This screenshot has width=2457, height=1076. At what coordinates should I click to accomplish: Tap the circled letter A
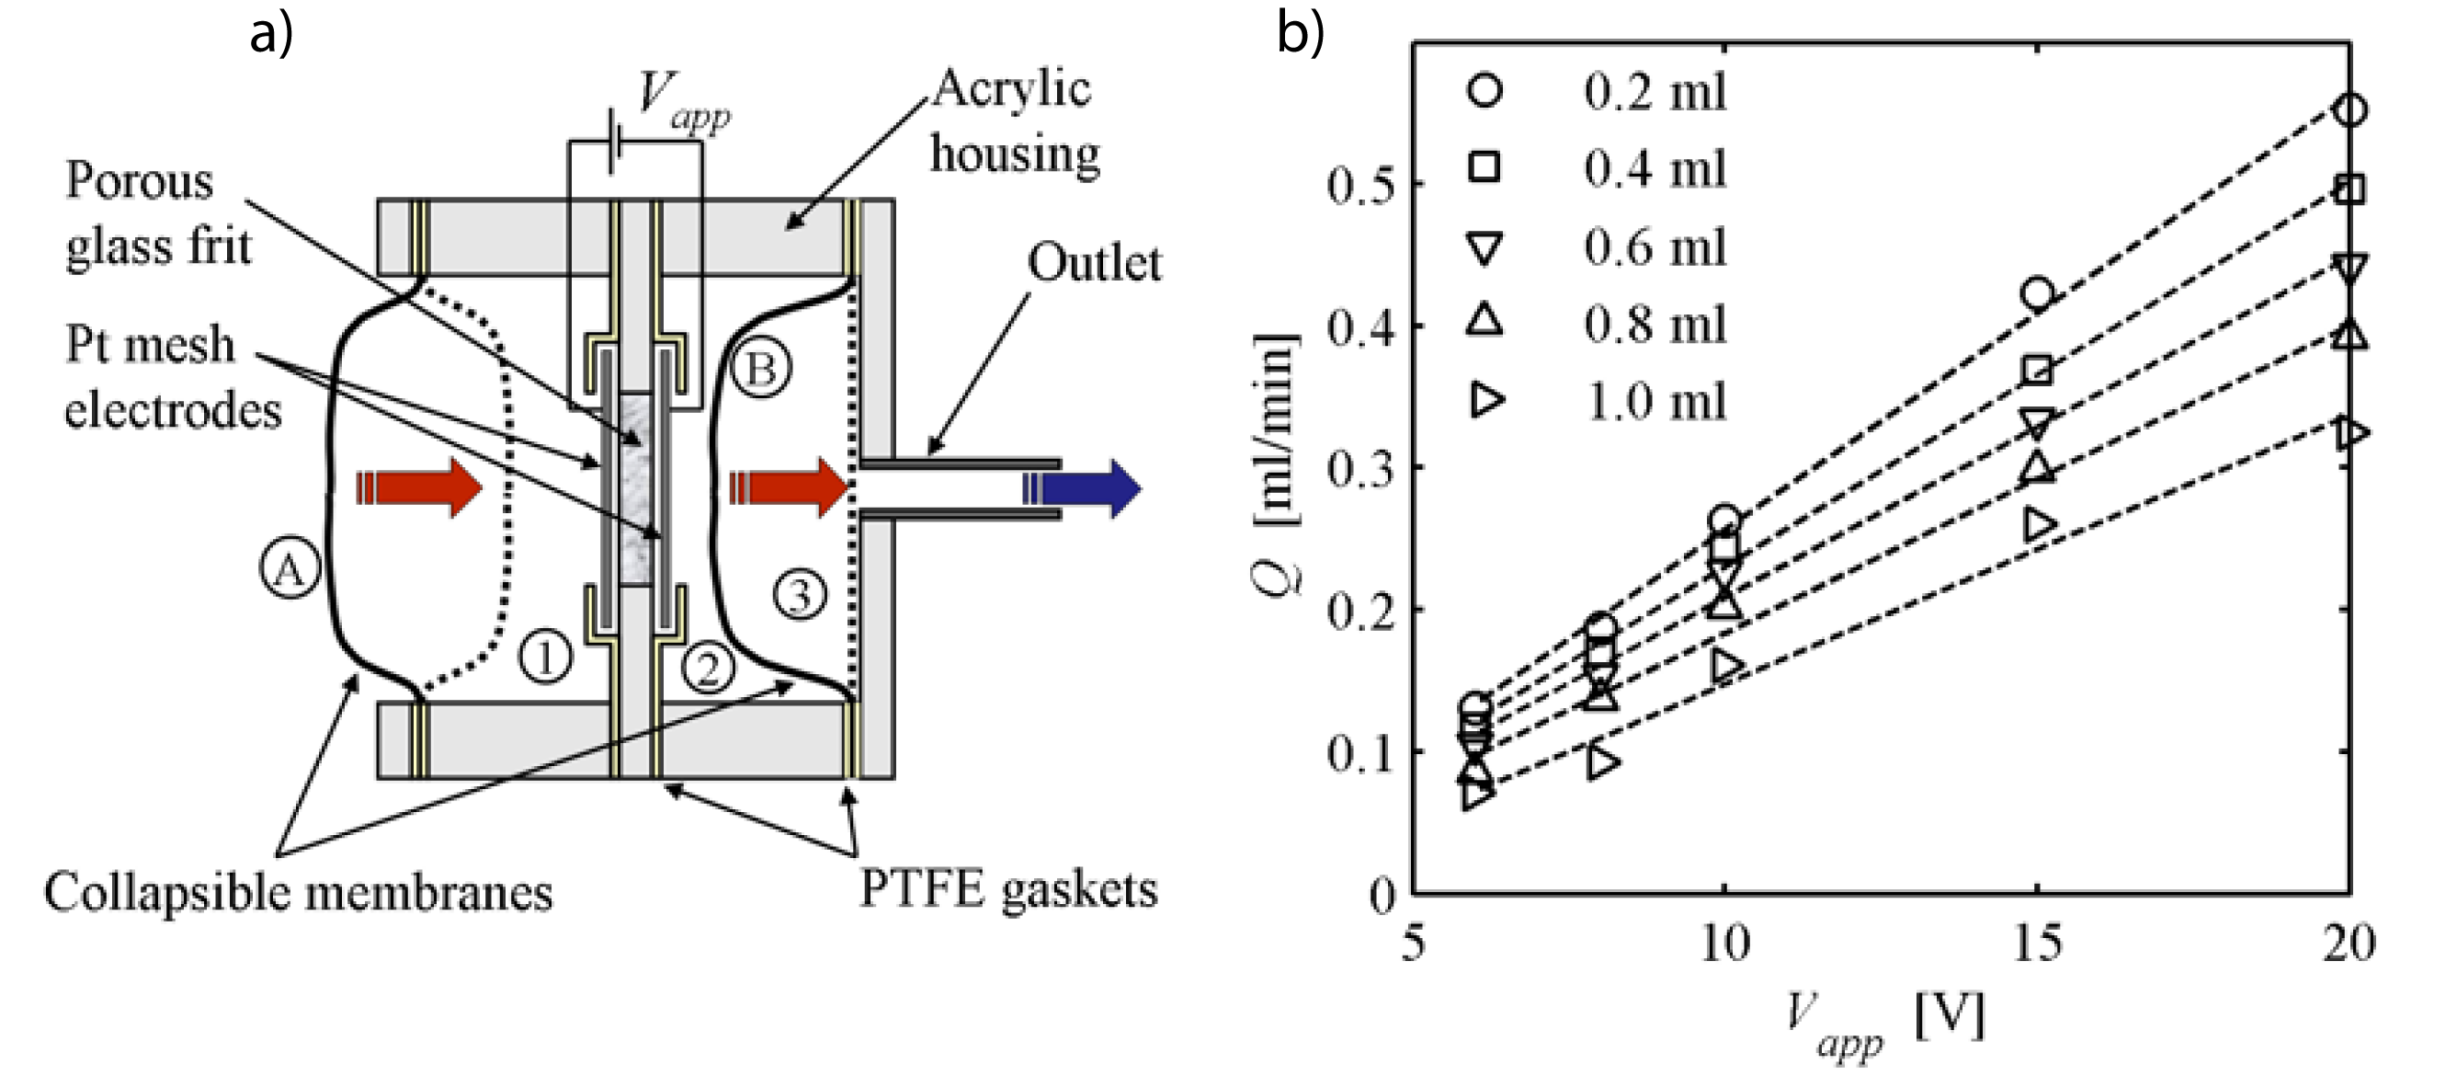click(x=289, y=569)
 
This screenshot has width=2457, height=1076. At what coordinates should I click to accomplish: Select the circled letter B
click(x=760, y=368)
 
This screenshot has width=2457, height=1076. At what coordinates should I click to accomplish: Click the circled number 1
click(x=546, y=657)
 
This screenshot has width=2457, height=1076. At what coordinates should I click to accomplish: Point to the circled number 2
click(x=708, y=667)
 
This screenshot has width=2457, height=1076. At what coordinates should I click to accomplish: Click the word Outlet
click(x=1094, y=262)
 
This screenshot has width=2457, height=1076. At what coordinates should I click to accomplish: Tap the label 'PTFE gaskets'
click(x=1008, y=890)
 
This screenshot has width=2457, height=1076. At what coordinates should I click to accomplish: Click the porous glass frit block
click(x=636, y=488)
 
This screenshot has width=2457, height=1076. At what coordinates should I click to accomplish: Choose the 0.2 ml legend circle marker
click(x=1484, y=91)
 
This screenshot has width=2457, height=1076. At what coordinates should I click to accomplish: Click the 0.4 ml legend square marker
click(x=1484, y=168)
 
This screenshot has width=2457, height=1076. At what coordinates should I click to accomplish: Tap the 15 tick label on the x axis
click(x=2036, y=944)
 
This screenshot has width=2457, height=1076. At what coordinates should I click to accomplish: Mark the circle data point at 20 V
click(x=2350, y=110)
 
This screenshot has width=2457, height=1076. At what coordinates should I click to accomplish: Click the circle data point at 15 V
click(x=2037, y=293)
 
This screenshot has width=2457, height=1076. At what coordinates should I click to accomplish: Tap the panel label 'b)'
click(x=1300, y=35)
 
